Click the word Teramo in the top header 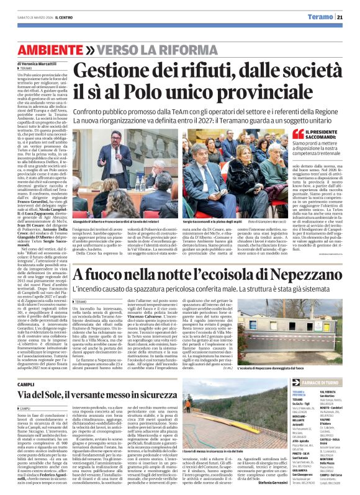[323, 17]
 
